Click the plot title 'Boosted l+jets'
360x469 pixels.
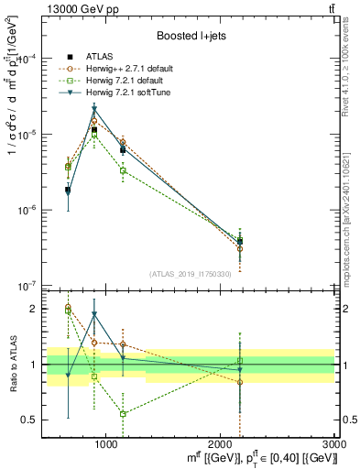(190, 36)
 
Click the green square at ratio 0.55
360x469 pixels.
(123, 414)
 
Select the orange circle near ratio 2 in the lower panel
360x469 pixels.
(68, 307)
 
